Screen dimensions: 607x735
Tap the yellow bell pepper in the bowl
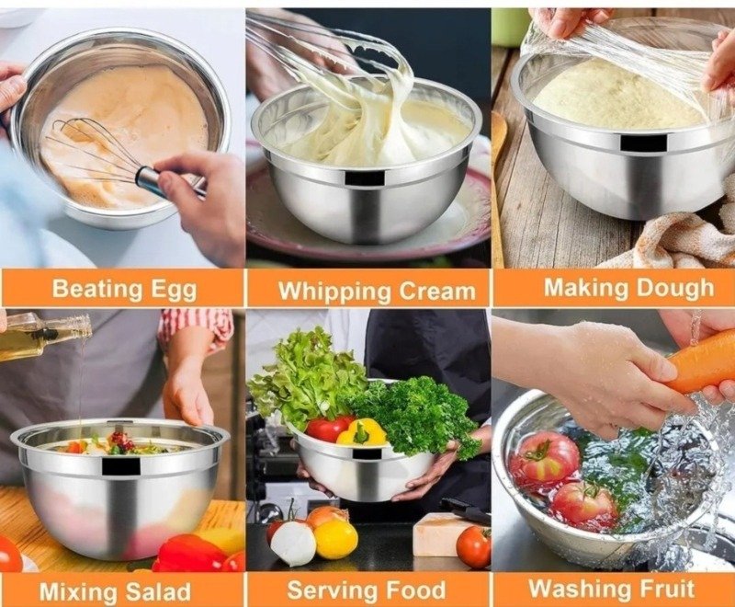point(364,432)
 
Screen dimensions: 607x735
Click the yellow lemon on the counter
point(335,539)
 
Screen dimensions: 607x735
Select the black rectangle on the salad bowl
point(120,465)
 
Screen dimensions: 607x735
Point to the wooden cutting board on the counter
point(439,534)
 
